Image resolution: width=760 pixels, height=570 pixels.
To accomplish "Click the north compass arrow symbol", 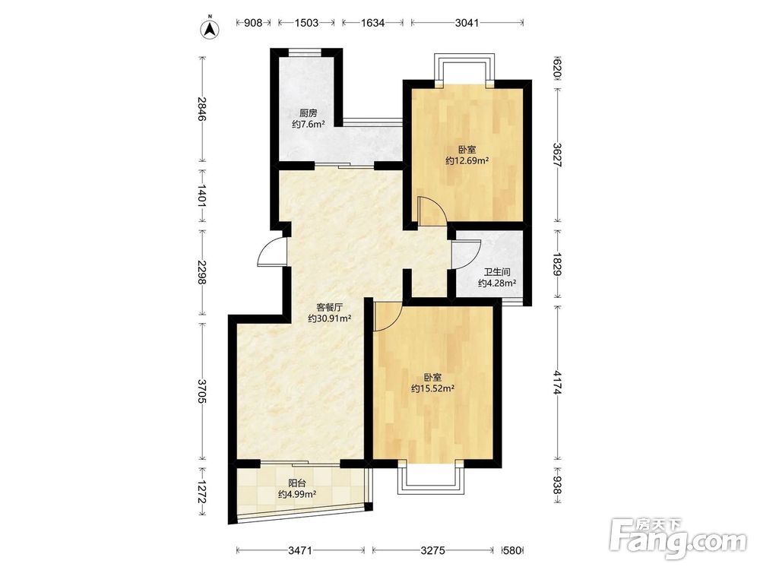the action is pos(210,28).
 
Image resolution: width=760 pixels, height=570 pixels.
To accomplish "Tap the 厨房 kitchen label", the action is pos(309,113).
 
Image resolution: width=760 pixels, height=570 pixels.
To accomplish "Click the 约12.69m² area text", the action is pos(467,161).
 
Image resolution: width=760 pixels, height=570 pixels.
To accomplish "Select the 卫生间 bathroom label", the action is pos(496,272).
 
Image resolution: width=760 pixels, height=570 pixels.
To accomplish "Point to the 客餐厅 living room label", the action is pos(330,307).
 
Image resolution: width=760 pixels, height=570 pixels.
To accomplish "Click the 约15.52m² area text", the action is pos(432,388).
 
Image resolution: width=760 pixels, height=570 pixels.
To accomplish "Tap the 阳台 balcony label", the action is pos(297,483).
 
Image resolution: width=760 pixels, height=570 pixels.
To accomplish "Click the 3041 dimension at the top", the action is pos(467,23).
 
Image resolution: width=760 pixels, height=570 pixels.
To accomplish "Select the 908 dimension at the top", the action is pos(253,23).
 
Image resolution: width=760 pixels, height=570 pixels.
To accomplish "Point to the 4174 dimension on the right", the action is pos(558,383).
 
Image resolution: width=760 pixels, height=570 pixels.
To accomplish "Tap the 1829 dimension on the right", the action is pos(558,264).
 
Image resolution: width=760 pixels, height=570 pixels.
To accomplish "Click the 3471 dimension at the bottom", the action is pos(300,550).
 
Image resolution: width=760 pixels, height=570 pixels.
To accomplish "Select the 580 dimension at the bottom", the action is pos(512,550).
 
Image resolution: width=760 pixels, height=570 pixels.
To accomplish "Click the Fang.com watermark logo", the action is pos(678,539).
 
